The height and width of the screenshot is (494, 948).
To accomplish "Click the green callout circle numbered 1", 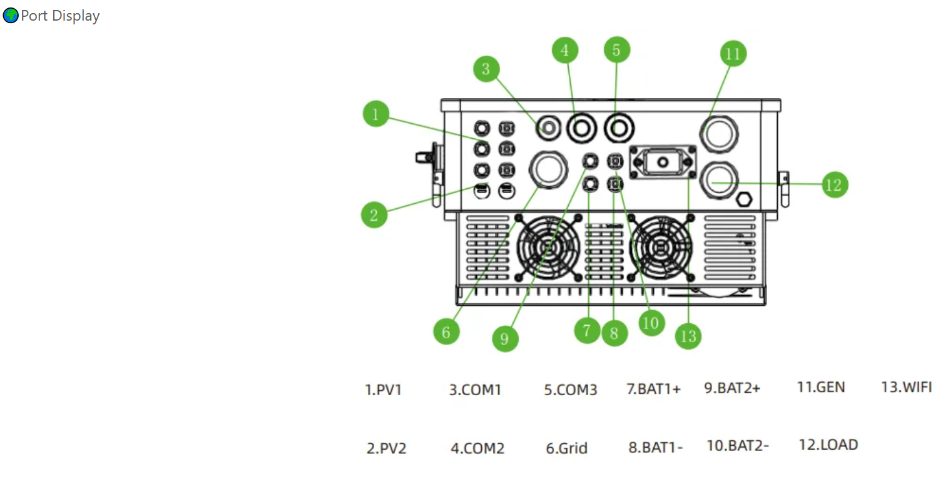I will click(375, 114).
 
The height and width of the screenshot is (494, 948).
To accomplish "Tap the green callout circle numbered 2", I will click(374, 215).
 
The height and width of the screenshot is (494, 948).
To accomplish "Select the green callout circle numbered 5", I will click(616, 50).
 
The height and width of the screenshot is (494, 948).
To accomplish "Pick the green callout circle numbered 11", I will click(733, 54).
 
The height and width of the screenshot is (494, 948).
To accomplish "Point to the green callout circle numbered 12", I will click(834, 184).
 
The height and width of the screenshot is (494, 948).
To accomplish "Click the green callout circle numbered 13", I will click(688, 336).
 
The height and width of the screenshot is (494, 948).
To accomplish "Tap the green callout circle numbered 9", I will click(505, 339).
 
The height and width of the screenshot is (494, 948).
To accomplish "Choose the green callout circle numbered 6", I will click(446, 331).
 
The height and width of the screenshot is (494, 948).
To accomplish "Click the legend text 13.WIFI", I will click(906, 387).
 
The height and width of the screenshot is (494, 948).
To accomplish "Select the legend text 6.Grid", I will click(566, 448).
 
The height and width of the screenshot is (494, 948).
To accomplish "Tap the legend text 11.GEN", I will click(820, 387).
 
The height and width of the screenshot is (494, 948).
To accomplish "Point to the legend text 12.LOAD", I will click(828, 445).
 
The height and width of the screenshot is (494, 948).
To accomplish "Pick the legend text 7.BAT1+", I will click(653, 389).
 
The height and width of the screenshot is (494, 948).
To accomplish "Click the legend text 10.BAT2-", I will click(737, 445).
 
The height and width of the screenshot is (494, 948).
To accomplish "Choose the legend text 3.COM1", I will click(475, 390).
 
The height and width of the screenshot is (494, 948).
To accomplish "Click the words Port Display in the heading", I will click(60, 16).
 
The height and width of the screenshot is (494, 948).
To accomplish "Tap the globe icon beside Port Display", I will click(11, 16).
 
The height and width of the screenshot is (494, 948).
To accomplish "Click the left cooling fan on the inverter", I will click(548, 248).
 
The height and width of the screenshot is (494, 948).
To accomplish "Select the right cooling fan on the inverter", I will click(661, 248).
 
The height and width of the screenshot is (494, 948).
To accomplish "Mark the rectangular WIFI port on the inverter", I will click(662, 163).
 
